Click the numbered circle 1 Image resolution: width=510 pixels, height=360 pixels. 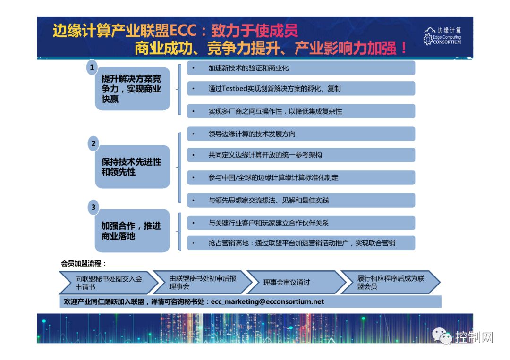pyautogui.click(x=93, y=67)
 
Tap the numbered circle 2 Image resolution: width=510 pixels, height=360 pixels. pyautogui.click(x=93, y=143)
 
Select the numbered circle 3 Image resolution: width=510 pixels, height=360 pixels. pyautogui.click(x=93, y=207)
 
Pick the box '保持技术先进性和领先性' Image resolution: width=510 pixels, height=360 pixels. pyautogui.click(x=132, y=167)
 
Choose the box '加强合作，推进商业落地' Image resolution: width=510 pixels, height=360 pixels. pyautogui.click(x=132, y=231)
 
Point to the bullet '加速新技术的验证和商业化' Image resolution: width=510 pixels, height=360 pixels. pyautogui.click(x=248, y=68)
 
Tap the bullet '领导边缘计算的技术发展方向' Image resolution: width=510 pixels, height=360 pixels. pyautogui.click(x=252, y=134)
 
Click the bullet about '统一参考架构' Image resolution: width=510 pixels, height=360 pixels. pyautogui.click(x=265, y=155)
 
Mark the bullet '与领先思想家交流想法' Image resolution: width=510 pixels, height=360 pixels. pyautogui.click(x=268, y=200)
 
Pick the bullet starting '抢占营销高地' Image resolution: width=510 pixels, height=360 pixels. pyautogui.click(x=301, y=243)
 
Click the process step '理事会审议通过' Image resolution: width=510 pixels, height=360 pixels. pyautogui.click(x=287, y=282)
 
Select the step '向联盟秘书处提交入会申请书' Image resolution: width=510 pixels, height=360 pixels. pyautogui.click(x=109, y=282)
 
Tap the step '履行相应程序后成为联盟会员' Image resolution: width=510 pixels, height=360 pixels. pyautogui.click(x=391, y=282)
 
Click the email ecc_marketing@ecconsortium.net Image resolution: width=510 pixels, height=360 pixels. pyautogui.click(x=268, y=301)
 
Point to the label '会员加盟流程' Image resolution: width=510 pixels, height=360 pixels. pyautogui.click(x=84, y=263)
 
